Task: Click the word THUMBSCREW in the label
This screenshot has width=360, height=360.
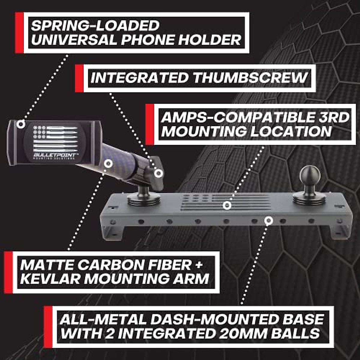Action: tap(250, 78)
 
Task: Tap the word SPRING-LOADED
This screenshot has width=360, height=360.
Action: tap(95, 26)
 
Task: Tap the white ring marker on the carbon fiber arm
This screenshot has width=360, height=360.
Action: tap(108, 163)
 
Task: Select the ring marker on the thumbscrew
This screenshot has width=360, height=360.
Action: tap(159, 173)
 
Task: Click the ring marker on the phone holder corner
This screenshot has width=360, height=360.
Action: tap(21, 124)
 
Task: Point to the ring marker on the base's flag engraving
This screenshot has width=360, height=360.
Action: tap(227, 205)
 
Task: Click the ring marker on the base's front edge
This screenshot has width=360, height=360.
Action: tap(269, 220)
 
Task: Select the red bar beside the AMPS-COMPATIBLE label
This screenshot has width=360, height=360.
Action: tap(149, 124)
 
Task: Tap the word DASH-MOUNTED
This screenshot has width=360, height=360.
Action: tap(213, 319)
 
